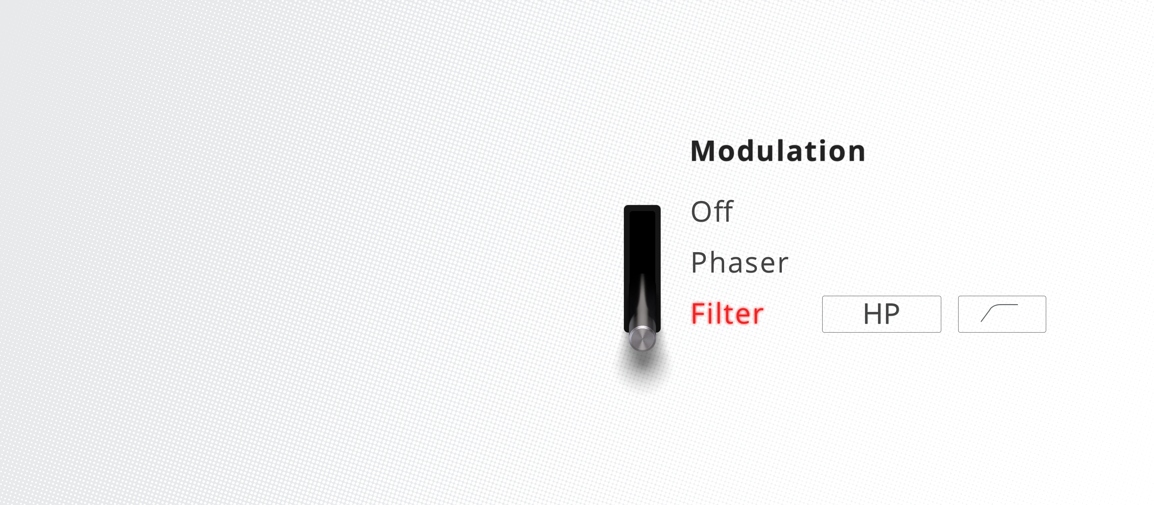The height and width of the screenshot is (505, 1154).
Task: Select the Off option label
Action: point(712,211)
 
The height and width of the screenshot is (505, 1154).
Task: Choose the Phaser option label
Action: point(740,263)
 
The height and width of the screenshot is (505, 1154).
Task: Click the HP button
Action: point(881,314)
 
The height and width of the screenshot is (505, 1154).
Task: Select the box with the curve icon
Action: point(1002,314)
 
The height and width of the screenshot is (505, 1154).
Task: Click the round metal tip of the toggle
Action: point(642,338)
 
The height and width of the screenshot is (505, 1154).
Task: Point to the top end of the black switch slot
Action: point(642,206)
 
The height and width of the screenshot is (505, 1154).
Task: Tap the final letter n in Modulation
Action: point(856,154)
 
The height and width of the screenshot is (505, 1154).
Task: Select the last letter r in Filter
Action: point(759,316)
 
